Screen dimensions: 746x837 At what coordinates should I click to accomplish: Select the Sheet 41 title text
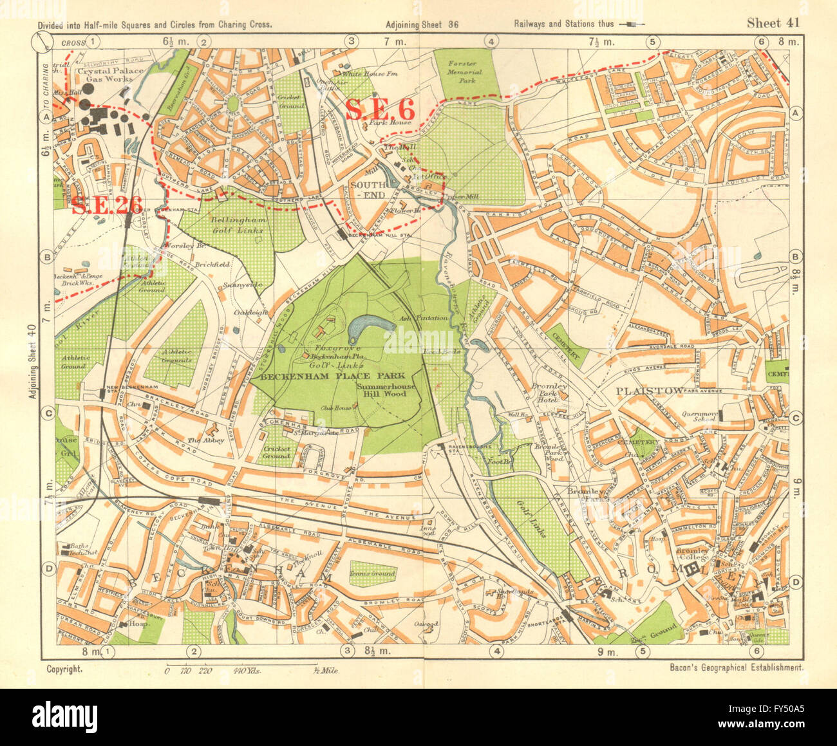pos(773,23)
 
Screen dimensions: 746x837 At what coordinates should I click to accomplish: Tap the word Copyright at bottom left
pos(65,669)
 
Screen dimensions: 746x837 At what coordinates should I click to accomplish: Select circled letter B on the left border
pos(47,257)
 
